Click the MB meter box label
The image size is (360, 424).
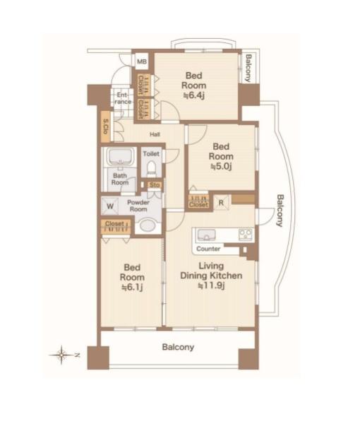[142, 61]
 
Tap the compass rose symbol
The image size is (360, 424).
[62, 355]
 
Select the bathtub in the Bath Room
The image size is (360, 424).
[121, 156]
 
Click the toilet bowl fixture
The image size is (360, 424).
[152, 168]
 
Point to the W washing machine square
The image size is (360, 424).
[110, 206]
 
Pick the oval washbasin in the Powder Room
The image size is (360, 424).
[148, 225]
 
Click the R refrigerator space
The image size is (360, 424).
[221, 203]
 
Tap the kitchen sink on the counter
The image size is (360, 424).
[206, 235]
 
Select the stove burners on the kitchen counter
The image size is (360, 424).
[246, 234]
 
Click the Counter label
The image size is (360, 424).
[208, 249]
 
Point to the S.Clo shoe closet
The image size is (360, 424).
[106, 126]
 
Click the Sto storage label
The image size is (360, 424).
[155, 185]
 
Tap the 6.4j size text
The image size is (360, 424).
[194, 95]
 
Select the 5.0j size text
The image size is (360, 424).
[221, 166]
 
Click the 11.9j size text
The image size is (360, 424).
[212, 285]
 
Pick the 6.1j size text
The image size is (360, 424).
[132, 287]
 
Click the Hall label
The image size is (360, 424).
[155, 134]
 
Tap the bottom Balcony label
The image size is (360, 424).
[178, 347]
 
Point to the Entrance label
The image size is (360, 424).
[123, 98]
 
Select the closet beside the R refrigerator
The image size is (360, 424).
[198, 201]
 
